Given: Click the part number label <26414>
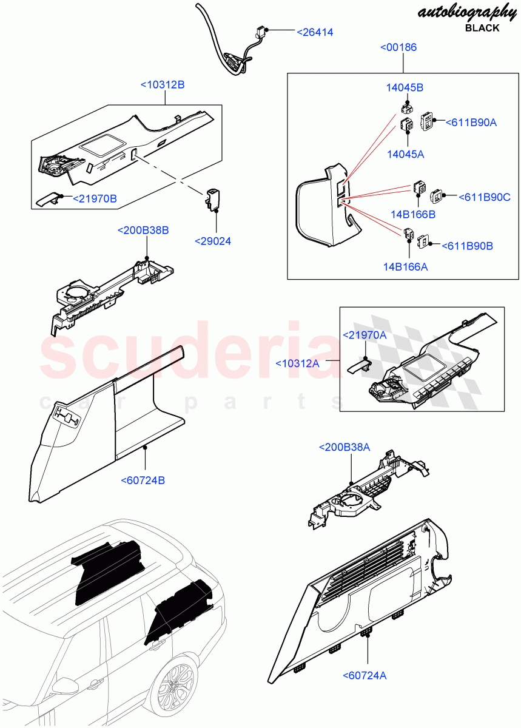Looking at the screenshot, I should click(315, 32).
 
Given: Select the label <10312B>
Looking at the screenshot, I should click(163, 85).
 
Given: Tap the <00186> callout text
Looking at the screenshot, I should click(398, 47).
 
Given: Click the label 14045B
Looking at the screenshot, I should click(405, 87).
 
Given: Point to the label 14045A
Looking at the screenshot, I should click(405, 154).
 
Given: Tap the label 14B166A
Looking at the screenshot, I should click(405, 266).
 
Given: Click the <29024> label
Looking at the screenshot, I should click(213, 241).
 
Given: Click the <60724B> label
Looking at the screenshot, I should click(143, 480).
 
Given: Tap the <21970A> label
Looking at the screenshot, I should click(365, 335).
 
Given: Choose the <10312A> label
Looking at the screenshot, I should click(297, 363).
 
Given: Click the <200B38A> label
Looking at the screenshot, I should click(345, 447).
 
